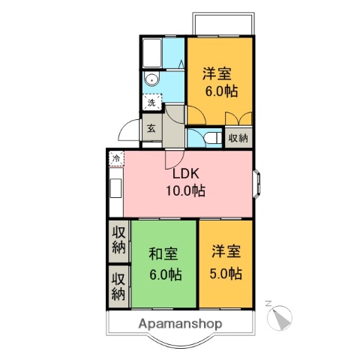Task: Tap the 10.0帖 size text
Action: coord(185,190)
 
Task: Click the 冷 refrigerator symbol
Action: coord(117,158)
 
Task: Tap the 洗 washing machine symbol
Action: coord(151,103)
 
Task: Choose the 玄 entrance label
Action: coord(151,128)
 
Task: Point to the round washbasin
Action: coord(152,79)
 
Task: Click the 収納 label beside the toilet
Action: coord(238,137)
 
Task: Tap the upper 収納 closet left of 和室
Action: coord(118,238)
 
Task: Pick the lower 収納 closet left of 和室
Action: coord(118,285)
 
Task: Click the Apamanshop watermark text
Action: coord(180,324)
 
